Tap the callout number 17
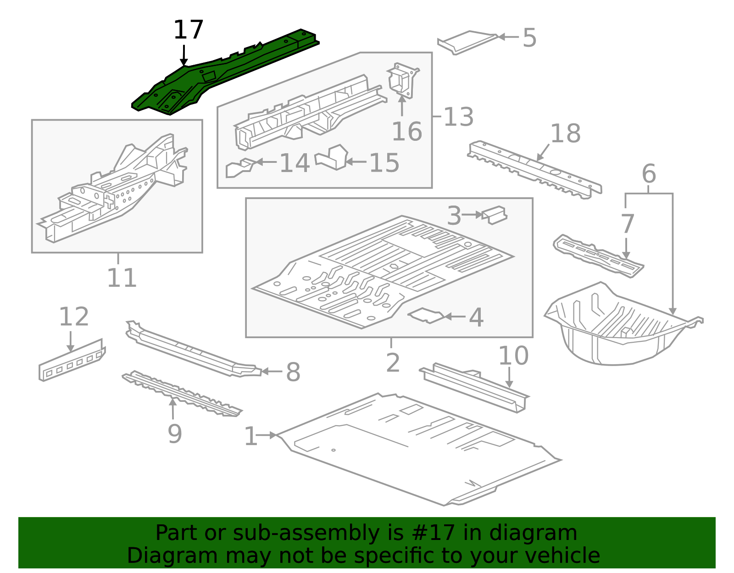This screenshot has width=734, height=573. tap(188, 30)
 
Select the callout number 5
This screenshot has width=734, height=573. tap(529, 38)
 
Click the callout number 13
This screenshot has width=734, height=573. tap(458, 117)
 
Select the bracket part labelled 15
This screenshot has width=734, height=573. tap(333, 157)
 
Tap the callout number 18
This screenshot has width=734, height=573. tap(565, 134)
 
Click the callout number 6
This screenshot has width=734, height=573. tap(649, 174)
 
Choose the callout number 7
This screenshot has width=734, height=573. tap(627, 224)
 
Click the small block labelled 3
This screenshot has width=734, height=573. tap(495, 215)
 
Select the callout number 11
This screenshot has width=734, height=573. tap(122, 278)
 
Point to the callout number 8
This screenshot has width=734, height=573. tap(293, 372)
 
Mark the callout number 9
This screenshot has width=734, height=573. tap(174, 434)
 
